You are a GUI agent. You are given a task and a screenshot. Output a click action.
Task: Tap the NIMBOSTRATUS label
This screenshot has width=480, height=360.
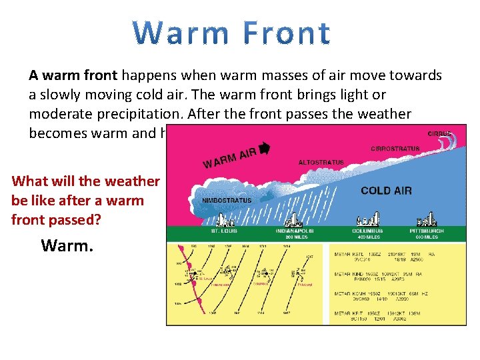226,200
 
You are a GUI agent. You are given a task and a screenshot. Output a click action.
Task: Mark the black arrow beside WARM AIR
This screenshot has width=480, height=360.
264,149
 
